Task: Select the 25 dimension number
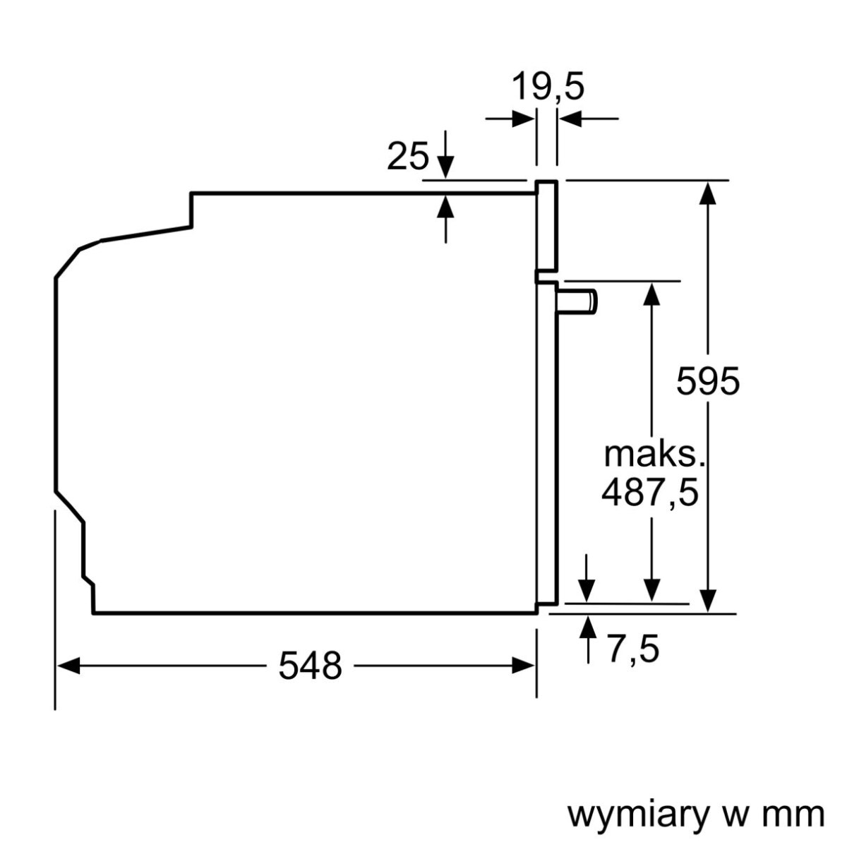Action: [x=407, y=157]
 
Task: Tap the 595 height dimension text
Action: [x=707, y=382]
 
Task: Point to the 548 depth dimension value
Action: [x=310, y=665]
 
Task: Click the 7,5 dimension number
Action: [x=632, y=649]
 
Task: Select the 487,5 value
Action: [x=649, y=493]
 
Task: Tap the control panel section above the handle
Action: [x=547, y=226]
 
